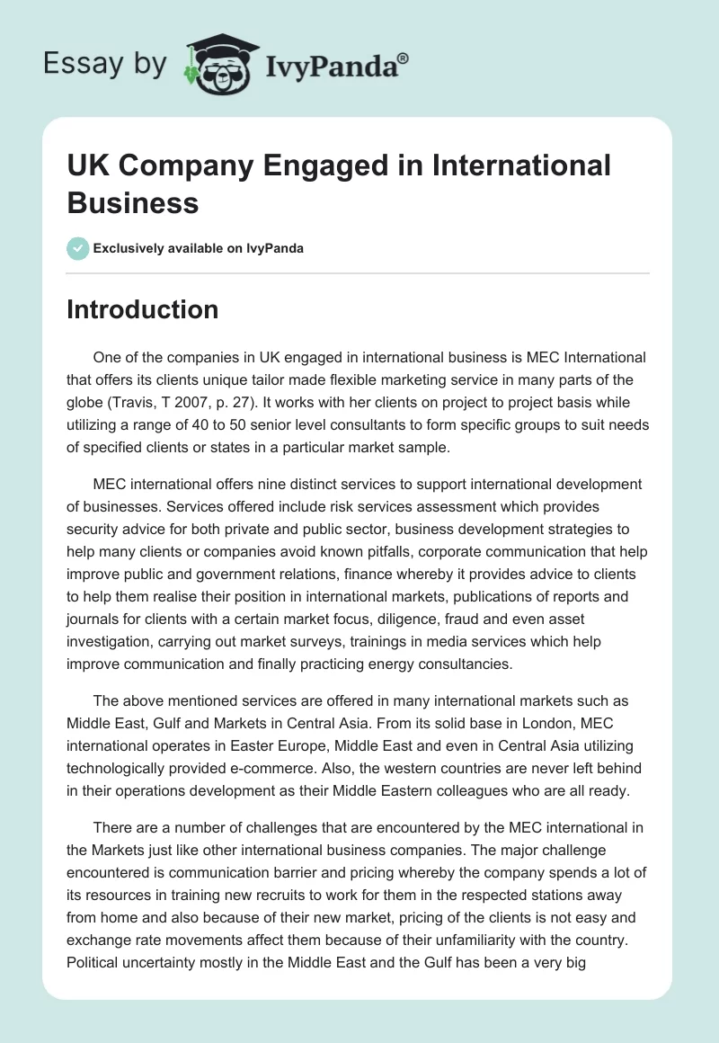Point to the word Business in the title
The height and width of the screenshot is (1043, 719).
pyautogui.click(x=133, y=202)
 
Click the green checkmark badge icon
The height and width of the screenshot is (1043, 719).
pyautogui.click(x=78, y=248)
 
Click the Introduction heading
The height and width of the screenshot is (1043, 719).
pyautogui.click(x=142, y=309)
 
